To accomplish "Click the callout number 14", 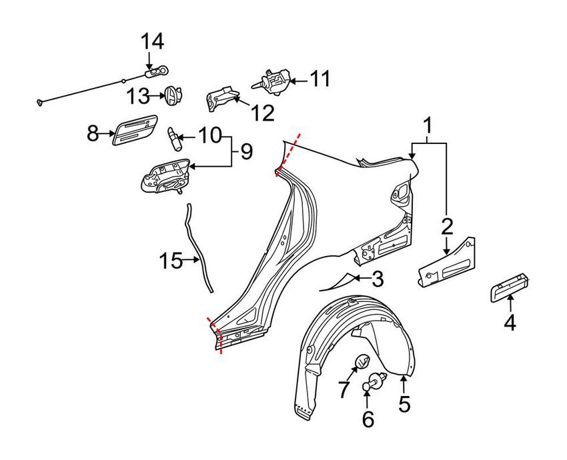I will point(151,41).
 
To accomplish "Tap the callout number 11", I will point(320,79).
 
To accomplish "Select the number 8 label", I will point(93,133).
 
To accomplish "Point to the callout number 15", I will point(170,260).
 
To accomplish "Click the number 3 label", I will point(377,279).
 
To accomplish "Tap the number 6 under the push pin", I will point(368,419).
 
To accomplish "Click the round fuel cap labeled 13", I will point(173,95).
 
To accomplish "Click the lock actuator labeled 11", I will point(274,81).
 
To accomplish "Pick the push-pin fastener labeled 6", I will point(372,383).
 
